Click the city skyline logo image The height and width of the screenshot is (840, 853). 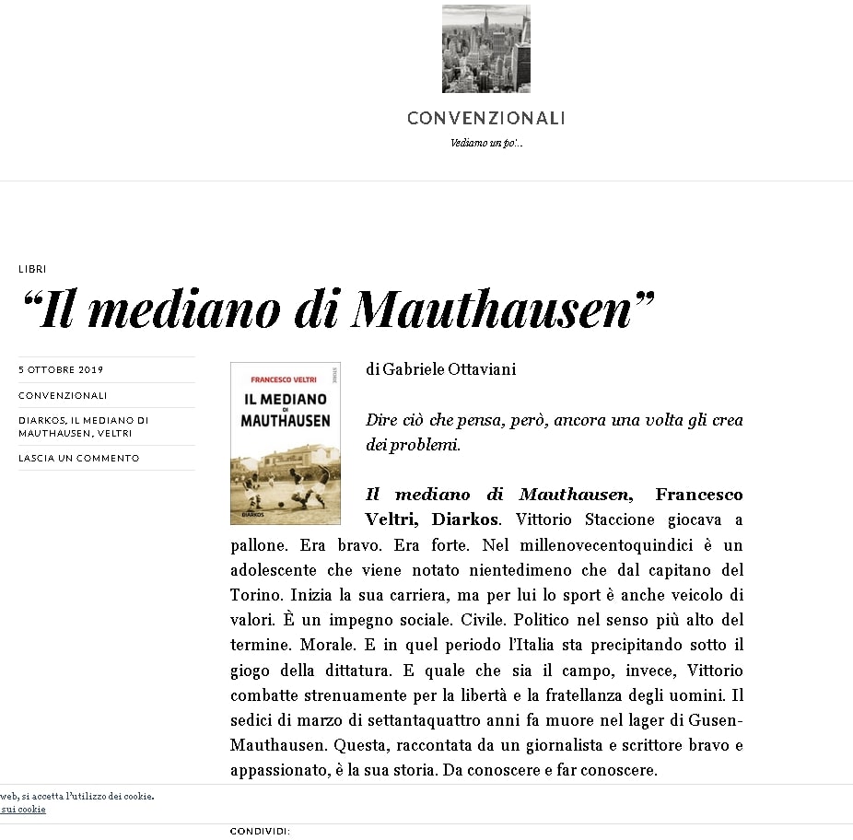(x=485, y=49)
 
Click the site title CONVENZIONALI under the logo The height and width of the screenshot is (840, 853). (x=485, y=118)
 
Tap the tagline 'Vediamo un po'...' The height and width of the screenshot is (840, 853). (x=486, y=143)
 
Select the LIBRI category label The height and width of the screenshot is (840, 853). (x=32, y=269)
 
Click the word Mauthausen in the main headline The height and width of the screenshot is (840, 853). (x=493, y=309)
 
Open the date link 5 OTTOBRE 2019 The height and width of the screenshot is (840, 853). (x=61, y=370)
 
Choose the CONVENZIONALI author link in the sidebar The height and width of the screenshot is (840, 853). (x=63, y=395)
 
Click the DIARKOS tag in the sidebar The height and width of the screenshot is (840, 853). (x=40, y=420)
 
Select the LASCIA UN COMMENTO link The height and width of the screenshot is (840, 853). (x=79, y=458)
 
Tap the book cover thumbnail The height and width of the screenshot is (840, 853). (x=285, y=442)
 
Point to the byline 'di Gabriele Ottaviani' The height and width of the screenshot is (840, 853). (x=440, y=369)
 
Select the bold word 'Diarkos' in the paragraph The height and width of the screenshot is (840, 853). (x=470, y=519)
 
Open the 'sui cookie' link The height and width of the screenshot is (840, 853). (x=24, y=809)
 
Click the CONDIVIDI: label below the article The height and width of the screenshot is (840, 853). (x=260, y=831)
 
